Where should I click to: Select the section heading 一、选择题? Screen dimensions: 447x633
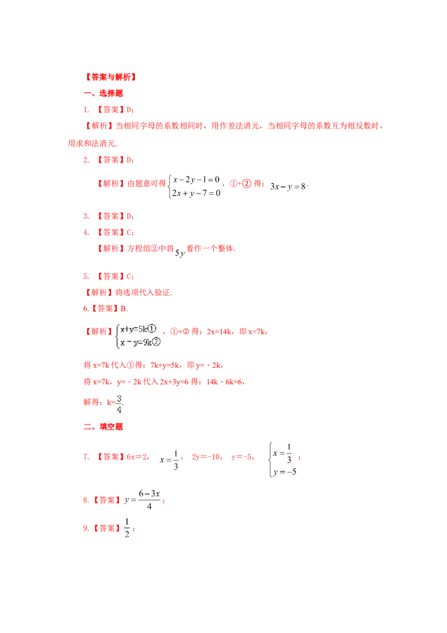(103, 93)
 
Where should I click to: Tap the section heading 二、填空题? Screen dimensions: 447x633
(103, 427)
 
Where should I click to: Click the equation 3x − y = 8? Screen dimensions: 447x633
(288, 187)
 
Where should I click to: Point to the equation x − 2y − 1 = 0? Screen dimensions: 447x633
(196, 179)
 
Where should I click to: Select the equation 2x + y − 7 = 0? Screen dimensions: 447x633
(196, 193)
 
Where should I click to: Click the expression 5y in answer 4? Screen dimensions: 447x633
(180, 253)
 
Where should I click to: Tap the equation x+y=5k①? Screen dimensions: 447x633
(139, 329)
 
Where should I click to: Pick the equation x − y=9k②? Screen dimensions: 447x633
(140, 342)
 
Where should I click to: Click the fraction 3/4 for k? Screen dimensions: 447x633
(119, 404)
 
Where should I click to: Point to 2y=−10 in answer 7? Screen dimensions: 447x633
(206, 457)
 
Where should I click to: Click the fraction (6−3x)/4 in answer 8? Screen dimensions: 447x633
(149, 500)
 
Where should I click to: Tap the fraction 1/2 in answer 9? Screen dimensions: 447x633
(127, 528)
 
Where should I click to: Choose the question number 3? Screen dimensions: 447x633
(85, 216)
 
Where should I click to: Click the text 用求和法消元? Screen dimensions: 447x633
(92, 143)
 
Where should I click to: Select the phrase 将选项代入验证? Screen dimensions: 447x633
(143, 292)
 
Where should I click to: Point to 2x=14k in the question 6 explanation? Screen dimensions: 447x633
(219, 332)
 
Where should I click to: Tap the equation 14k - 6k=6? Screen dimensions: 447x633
(224, 382)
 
